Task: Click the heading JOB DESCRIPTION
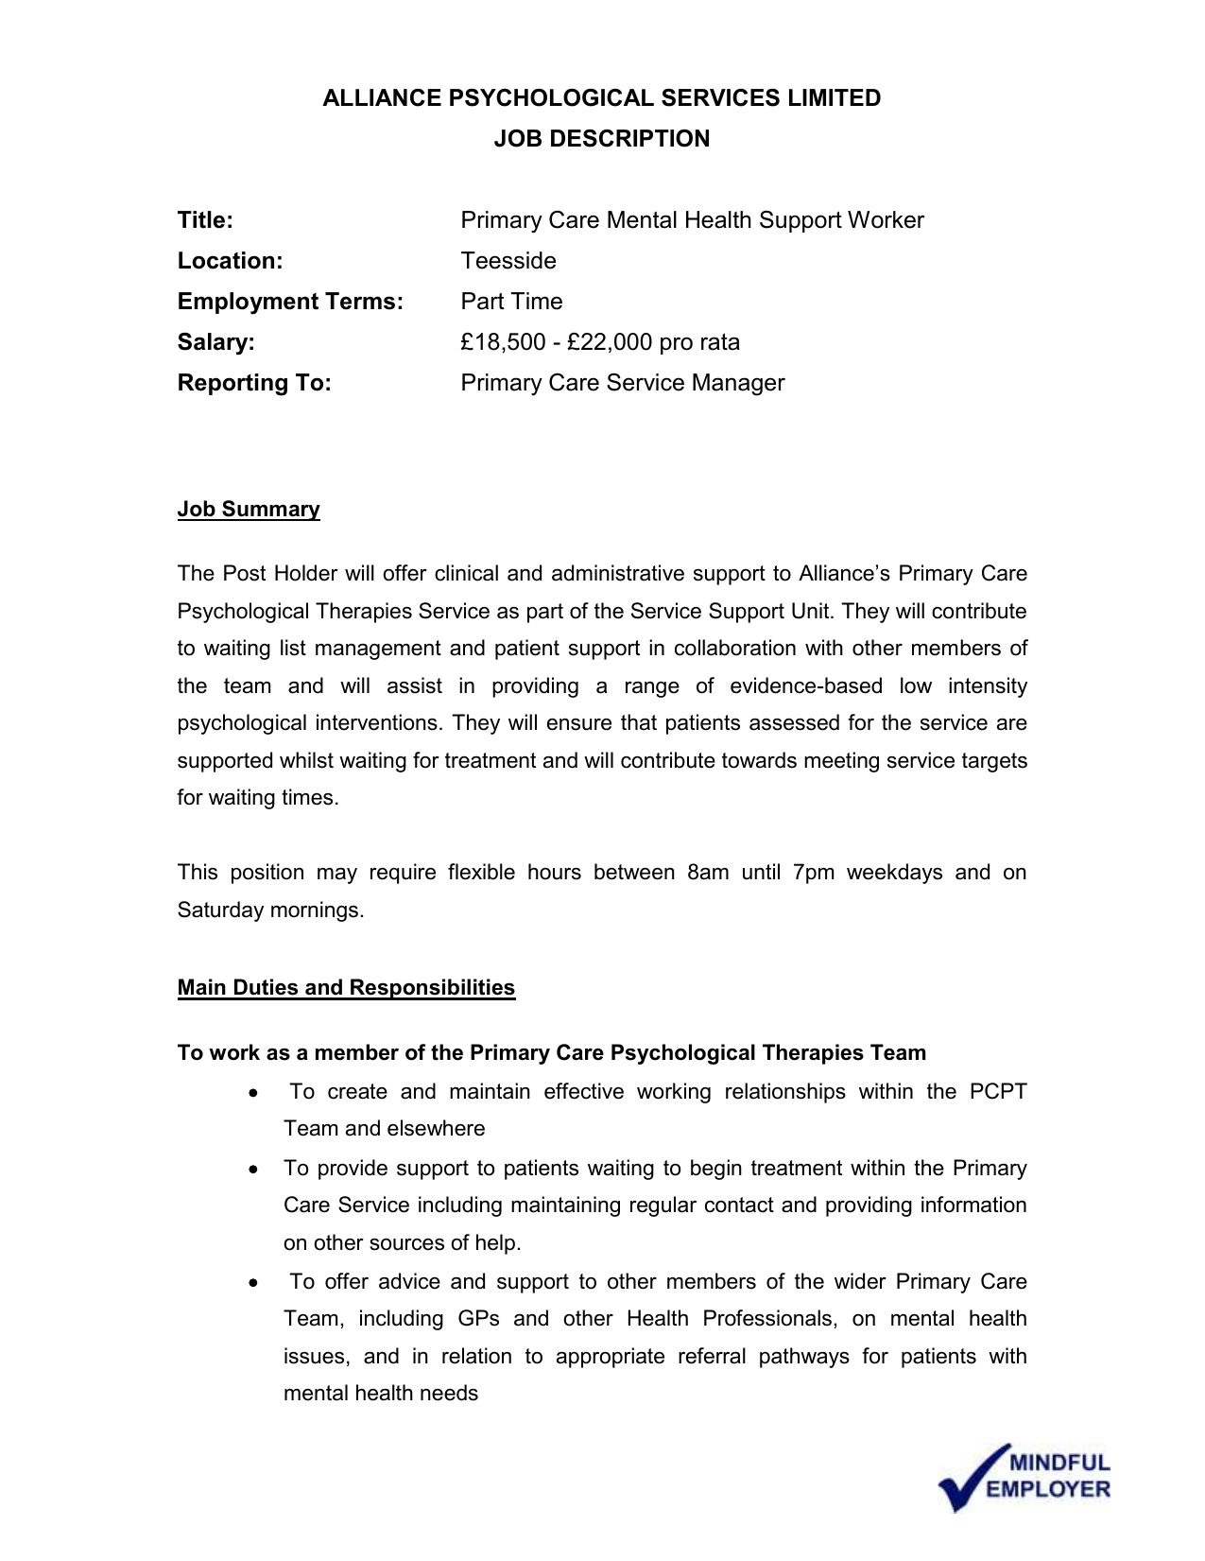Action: [601, 139]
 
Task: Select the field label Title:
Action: [205, 220]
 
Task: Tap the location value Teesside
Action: [508, 261]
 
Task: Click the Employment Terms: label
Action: [290, 302]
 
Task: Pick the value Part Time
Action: [511, 302]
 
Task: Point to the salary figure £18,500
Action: [503, 342]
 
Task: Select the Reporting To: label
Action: [254, 383]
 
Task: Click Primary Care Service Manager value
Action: [622, 383]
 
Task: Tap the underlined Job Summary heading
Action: [249, 510]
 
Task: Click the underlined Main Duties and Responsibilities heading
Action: [346, 988]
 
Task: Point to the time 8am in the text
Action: [708, 873]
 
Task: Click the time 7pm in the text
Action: [814, 873]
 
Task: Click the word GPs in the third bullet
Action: [478, 1319]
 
